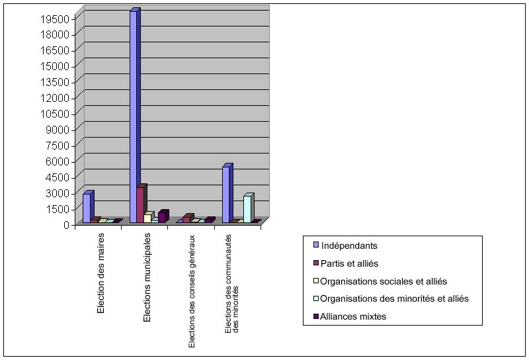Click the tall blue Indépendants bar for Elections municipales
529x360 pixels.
click(x=134, y=116)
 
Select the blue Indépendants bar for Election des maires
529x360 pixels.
click(x=87, y=208)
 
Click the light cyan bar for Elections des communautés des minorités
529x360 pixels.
click(x=247, y=208)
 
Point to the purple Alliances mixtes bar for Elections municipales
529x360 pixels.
click(x=161, y=217)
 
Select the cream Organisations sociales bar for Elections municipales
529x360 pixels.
click(x=147, y=218)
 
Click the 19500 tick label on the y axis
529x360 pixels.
click(x=56, y=19)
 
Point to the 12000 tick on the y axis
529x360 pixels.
click(x=56, y=98)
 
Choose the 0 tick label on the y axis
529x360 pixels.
click(x=66, y=225)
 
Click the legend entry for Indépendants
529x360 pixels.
click(x=349, y=246)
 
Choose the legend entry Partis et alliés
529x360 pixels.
click(x=349, y=263)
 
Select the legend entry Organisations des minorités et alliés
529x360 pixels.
click(x=394, y=299)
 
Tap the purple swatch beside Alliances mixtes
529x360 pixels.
click(x=315, y=317)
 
